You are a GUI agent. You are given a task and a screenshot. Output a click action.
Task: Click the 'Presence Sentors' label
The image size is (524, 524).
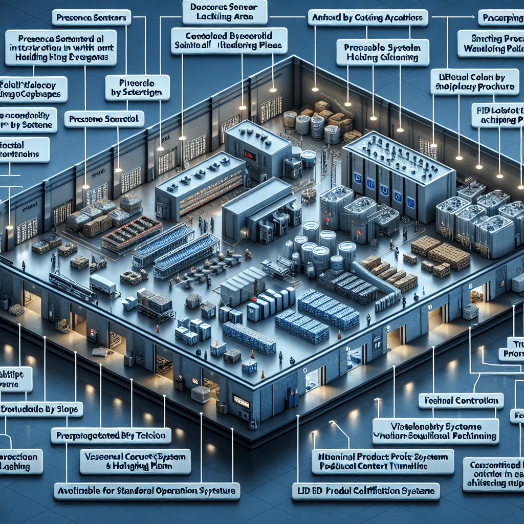coord(92,18)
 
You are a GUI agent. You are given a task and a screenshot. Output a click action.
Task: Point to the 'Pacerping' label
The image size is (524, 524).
coord(500,18)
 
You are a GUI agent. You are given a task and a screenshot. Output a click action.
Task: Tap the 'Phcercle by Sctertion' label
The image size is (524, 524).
coord(137,87)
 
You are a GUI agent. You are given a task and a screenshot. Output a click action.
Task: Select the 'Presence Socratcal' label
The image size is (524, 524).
coord(104,119)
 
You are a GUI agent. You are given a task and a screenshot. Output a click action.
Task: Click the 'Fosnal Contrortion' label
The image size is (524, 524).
coord(461,400)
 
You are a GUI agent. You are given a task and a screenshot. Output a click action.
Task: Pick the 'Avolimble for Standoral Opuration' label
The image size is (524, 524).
coord(147,491)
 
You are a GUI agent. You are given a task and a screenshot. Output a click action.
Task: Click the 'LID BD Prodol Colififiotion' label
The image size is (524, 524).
coord(368,491)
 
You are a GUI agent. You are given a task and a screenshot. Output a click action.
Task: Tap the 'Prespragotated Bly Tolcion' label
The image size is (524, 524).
coord(111,435)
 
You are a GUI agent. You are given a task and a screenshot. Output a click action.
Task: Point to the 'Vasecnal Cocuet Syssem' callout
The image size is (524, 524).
coord(135,462)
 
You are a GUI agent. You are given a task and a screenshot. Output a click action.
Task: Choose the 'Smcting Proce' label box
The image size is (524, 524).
coord(490,43)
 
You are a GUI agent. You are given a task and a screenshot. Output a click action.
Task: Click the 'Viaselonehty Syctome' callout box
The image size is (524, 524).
coord(435,430)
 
